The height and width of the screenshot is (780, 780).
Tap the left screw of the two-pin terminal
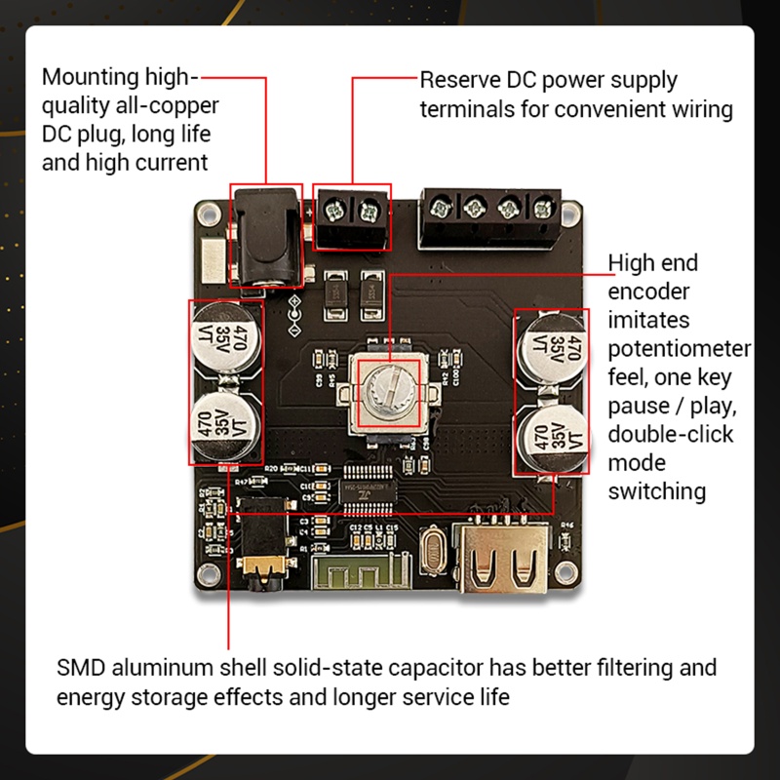point(338,208)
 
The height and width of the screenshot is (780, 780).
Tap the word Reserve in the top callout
point(460,80)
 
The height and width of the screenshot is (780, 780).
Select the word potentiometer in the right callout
point(680,348)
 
